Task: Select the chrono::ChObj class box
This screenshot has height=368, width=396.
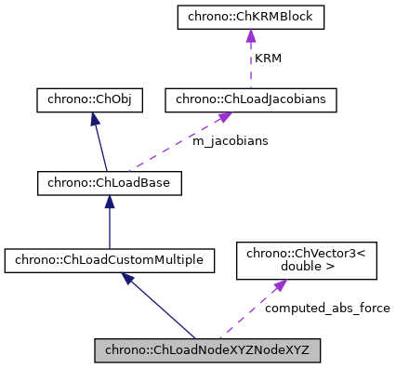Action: pyautogui.click(x=89, y=100)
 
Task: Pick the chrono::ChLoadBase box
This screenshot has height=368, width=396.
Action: pyautogui.click(x=109, y=182)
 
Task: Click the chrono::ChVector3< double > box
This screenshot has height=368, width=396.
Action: pyautogui.click(x=307, y=260)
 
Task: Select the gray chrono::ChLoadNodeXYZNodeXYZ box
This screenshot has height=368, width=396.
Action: pyautogui.click(x=207, y=350)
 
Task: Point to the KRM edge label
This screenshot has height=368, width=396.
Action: pyautogui.click(x=269, y=59)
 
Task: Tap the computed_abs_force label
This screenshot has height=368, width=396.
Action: pyautogui.click(x=327, y=308)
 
